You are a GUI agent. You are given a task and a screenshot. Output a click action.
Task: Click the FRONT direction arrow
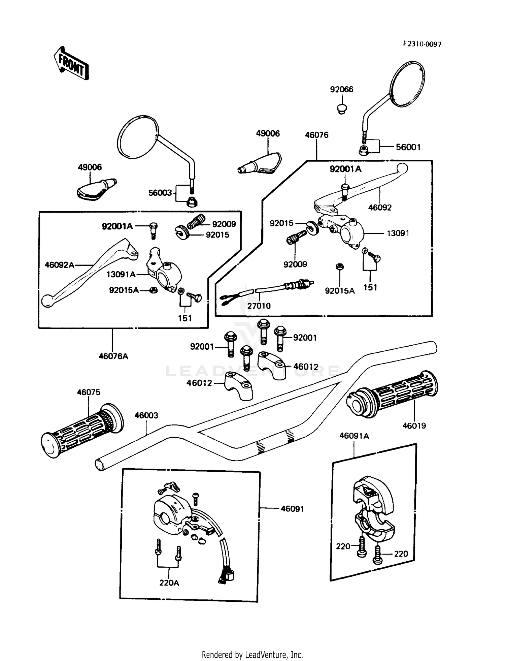(71, 63)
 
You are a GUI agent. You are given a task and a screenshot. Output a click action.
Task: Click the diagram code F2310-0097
(422, 44)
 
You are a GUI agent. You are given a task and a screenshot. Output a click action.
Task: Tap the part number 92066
(341, 89)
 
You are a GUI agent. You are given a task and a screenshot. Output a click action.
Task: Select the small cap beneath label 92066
(342, 109)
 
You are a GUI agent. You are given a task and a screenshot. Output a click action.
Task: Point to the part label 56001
(408, 147)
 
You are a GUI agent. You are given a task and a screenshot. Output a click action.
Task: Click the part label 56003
(160, 193)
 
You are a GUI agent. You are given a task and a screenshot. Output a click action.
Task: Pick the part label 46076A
(113, 356)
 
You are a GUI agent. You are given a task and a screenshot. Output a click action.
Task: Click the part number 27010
(259, 306)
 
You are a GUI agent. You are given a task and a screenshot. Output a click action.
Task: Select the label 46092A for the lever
(59, 265)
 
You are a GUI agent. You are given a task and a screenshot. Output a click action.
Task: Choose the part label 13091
(398, 233)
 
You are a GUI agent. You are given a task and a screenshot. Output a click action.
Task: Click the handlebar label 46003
(146, 415)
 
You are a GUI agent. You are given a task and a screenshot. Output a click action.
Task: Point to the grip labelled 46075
(82, 430)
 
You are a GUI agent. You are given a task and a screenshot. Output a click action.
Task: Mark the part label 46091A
(354, 436)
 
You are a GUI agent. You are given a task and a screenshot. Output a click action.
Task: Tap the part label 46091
(292, 509)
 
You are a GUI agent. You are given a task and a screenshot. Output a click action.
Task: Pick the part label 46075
(89, 392)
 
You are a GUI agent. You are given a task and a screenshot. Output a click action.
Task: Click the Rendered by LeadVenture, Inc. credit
(252, 655)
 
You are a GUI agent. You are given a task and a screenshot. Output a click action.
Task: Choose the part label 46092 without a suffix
(380, 208)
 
